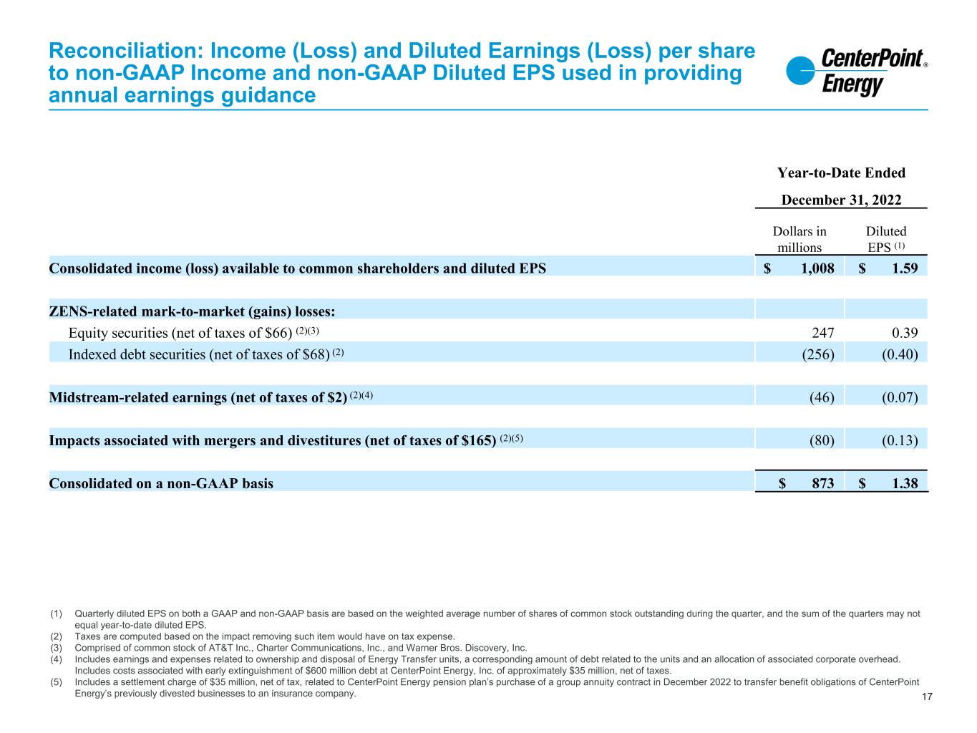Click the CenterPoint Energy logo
856,72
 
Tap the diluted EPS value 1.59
904,268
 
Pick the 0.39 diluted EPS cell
904,332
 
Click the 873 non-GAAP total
822,483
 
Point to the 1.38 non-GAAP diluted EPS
904,483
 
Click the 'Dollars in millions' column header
799,239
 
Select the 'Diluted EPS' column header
886,239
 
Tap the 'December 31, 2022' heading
841,200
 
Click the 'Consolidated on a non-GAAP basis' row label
161,483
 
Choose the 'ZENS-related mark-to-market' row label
192,311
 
